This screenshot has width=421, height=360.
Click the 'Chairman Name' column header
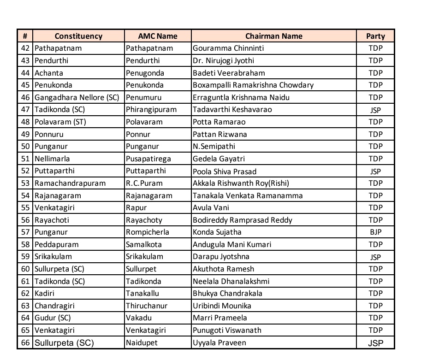click(x=273, y=36)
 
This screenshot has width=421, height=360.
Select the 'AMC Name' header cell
click(x=158, y=36)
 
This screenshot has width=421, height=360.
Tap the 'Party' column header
click(x=375, y=36)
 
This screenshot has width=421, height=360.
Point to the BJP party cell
click(x=375, y=232)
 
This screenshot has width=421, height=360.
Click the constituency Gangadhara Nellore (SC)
click(x=77, y=97)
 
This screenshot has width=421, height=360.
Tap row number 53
click(x=25, y=183)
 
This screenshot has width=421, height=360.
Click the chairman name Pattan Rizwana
click(x=220, y=134)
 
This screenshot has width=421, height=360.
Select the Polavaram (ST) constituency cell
click(x=60, y=122)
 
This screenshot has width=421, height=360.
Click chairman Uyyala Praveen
click(x=219, y=343)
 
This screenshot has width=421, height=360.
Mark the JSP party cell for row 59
click(x=375, y=257)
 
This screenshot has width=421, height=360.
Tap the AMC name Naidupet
click(x=141, y=343)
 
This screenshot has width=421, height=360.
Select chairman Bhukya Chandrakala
click(x=228, y=293)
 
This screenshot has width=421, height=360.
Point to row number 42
click(x=25, y=48)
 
